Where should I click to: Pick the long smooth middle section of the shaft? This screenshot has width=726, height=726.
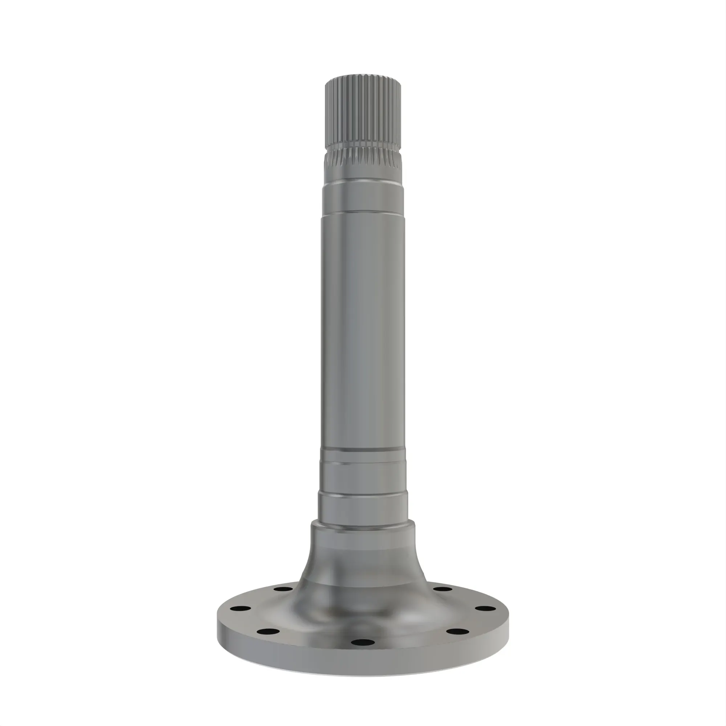(363, 331)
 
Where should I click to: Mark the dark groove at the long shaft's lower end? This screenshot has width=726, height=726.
(363, 449)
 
